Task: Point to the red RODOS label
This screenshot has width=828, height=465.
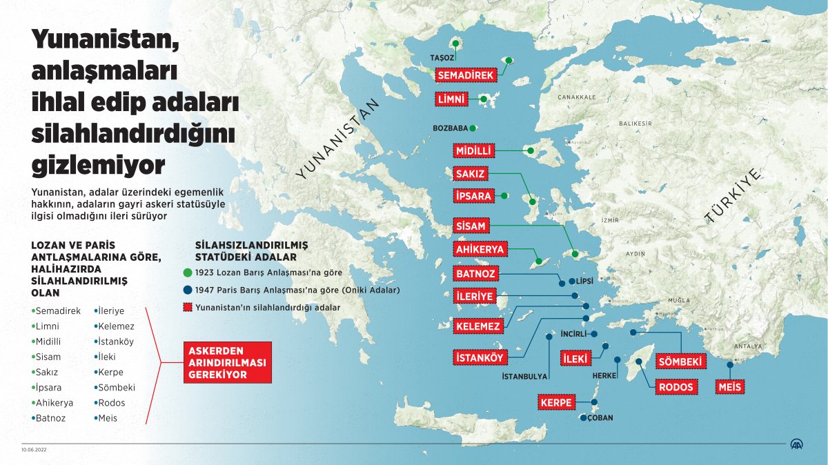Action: tap(676, 387)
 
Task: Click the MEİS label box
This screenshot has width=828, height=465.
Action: tap(729, 387)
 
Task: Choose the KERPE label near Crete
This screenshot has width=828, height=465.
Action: tap(558, 402)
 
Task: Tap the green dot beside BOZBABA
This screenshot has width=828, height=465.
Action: tap(473, 128)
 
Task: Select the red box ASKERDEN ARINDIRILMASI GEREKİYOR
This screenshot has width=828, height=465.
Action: tap(227, 362)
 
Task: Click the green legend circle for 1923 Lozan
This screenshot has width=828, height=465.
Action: tap(187, 273)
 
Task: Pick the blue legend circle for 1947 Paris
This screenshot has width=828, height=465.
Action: tap(187, 290)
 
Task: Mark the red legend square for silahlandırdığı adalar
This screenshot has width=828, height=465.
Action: tap(187, 308)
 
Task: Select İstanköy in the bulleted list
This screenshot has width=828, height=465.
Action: tap(115, 342)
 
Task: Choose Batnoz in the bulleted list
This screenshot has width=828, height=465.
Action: tap(50, 417)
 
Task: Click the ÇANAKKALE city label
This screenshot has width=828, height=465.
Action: tap(576, 97)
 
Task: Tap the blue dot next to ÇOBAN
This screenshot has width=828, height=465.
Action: tap(583, 417)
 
